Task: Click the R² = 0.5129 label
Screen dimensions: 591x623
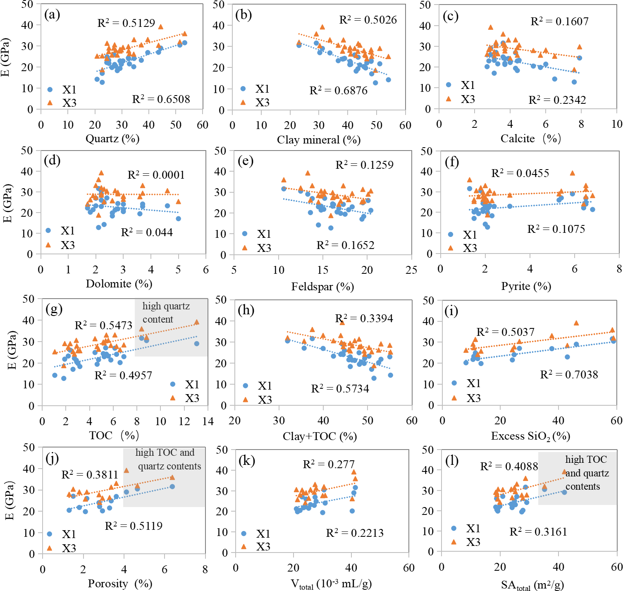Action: click(x=126, y=23)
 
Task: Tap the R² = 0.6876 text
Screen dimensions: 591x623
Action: click(x=338, y=91)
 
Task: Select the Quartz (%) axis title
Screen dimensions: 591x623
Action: click(x=112, y=139)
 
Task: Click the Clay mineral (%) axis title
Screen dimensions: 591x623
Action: click(x=319, y=140)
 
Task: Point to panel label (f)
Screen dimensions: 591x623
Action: click(x=451, y=162)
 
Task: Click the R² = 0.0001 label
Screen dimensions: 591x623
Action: click(x=156, y=175)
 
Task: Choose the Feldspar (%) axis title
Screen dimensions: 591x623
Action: click(x=322, y=287)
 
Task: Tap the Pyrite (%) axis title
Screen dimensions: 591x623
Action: click(x=526, y=286)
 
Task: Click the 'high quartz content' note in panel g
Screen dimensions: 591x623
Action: click(x=166, y=313)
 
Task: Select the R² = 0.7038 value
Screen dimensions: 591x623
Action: click(x=569, y=375)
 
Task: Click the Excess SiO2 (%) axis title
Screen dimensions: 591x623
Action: click(x=530, y=436)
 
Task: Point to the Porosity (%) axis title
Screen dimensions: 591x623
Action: click(x=120, y=584)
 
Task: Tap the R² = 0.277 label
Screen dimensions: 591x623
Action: click(x=329, y=464)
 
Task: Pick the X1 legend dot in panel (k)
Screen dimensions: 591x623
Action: click(x=244, y=534)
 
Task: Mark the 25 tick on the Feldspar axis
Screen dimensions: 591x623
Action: click(x=411, y=270)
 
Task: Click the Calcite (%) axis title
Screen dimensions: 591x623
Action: click(x=530, y=139)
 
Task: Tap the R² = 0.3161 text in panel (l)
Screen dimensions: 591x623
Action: click(x=538, y=532)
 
